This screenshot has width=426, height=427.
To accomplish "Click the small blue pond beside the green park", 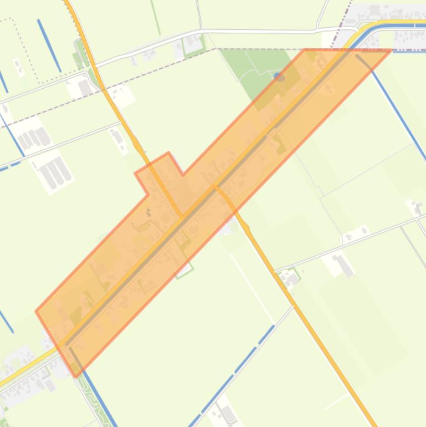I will [280, 77].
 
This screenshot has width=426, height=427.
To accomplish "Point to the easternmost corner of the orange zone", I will [391, 50].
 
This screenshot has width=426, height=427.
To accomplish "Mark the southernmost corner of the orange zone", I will [76, 377].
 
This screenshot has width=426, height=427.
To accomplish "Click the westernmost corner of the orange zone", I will [36, 311].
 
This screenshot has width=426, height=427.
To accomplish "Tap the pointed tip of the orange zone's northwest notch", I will [168, 152].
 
